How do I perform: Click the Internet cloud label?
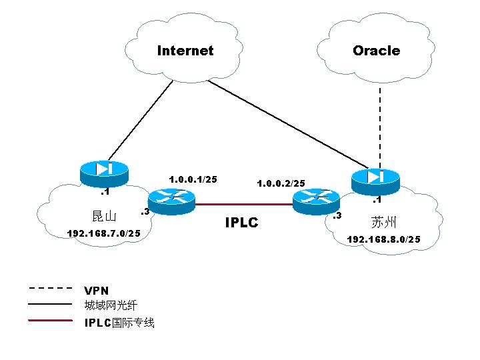tap(185, 51)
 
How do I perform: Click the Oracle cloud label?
tap(376, 51)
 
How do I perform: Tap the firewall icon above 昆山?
tap(103, 171)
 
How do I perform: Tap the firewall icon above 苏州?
tap(374, 177)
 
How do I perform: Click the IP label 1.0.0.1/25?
tap(193, 179)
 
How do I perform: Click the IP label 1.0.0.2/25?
tap(281, 183)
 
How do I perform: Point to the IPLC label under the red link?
tap(241, 223)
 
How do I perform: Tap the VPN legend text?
tap(97, 290)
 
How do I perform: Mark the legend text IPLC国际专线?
tap(119, 323)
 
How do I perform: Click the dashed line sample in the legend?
tap(50, 289)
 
